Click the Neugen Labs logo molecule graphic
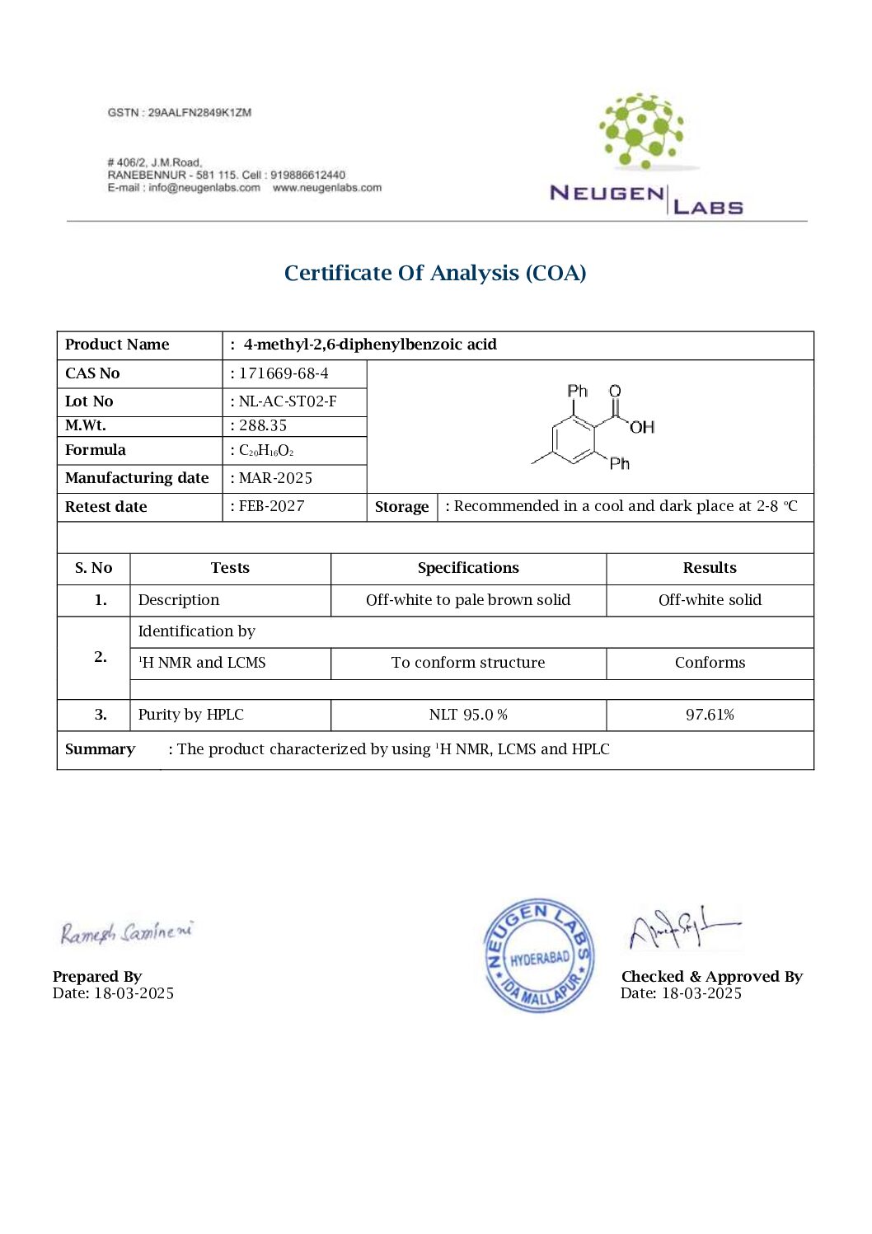[x=641, y=131]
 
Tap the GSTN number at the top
[x=179, y=112]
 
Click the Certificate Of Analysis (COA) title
[x=435, y=273]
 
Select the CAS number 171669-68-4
[x=283, y=373]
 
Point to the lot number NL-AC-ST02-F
[x=287, y=401]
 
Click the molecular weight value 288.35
[x=263, y=425]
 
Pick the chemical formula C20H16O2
[x=265, y=450]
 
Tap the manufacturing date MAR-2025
[x=275, y=478]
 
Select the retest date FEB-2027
[x=271, y=506]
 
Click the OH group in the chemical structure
[x=641, y=427]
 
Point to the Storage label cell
[x=401, y=507]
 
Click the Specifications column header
[x=468, y=568]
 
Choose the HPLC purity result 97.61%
[x=710, y=715]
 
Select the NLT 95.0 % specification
[x=468, y=715]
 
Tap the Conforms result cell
[x=710, y=663]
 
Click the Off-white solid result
[x=710, y=600]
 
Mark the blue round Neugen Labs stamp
[x=539, y=955]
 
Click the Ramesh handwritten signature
[x=126, y=932]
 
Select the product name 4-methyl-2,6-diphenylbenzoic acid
[x=370, y=345]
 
